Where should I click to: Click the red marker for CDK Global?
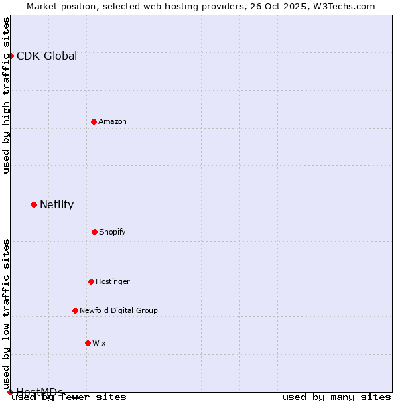click(x=11, y=56)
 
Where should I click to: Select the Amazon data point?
click(x=94, y=121)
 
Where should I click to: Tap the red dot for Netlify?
click(x=33, y=204)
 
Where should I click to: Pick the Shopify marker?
click(x=94, y=232)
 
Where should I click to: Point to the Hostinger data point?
click(x=91, y=281)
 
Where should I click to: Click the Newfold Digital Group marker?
click(x=75, y=310)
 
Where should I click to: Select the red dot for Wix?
click(x=88, y=343)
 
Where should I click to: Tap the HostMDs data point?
click(x=10, y=392)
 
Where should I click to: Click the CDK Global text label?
click(x=47, y=56)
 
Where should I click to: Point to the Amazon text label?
click(x=113, y=121)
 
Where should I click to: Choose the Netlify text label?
click(x=56, y=204)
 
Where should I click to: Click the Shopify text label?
click(x=113, y=232)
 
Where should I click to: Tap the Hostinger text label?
click(x=113, y=281)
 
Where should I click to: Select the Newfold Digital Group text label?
click(x=119, y=310)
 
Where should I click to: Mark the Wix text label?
click(x=99, y=343)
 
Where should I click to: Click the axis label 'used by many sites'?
click(x=336, y=397)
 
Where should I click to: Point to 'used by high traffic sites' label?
click(x=7, y=95)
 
